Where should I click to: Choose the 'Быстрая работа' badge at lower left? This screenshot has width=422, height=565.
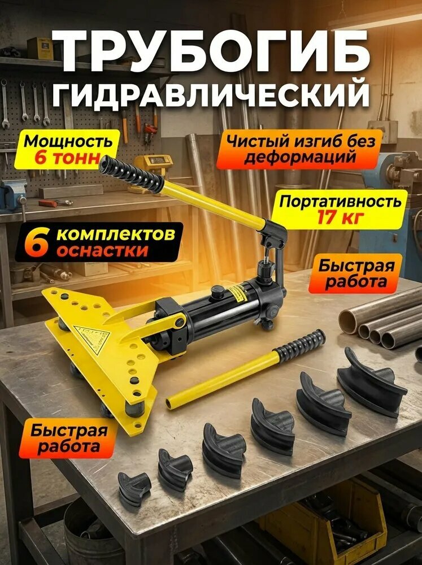[x=69, y=439]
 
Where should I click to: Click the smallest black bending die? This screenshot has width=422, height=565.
[x=134, y=488]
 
